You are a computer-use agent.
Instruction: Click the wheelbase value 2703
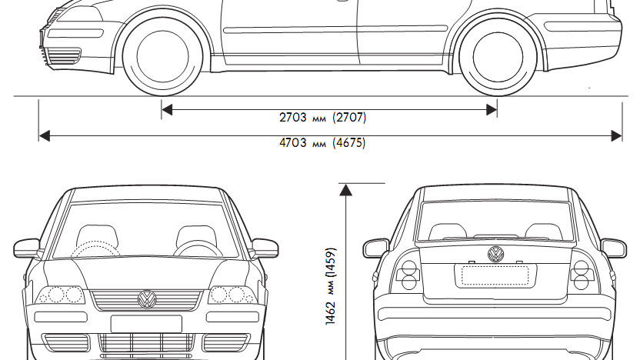point(293,118)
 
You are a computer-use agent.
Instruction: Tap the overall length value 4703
point(293,143)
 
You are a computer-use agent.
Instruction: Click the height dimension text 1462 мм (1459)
point(331,286)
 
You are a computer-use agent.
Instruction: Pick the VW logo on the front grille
point(146,298)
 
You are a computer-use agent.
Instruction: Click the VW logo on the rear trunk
point(495,254)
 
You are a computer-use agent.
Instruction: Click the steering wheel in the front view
point(198,249)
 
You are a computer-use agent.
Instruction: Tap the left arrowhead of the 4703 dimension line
point(44,135)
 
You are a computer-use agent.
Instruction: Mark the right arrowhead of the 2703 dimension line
point(492,110)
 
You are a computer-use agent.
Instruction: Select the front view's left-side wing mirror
point(27,248)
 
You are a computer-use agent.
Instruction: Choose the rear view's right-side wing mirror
point(613,248)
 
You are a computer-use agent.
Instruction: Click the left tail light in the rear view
point(408,275)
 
